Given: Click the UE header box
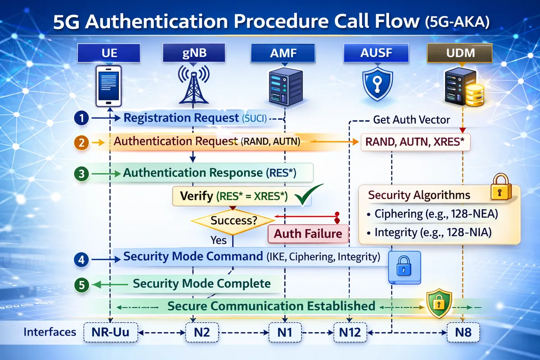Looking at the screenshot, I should [109, 54].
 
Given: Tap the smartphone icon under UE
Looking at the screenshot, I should [109, 84].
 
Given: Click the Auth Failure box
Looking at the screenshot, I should [308, 234].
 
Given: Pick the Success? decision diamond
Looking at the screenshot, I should [233, 220].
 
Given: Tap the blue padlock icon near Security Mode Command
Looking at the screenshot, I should [404, 267].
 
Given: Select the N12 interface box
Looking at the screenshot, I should [349, 333].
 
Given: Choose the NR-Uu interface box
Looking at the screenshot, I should [110, 333].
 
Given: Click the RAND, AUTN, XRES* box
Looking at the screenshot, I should [415, 143].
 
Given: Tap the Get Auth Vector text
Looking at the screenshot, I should [411, 120].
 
